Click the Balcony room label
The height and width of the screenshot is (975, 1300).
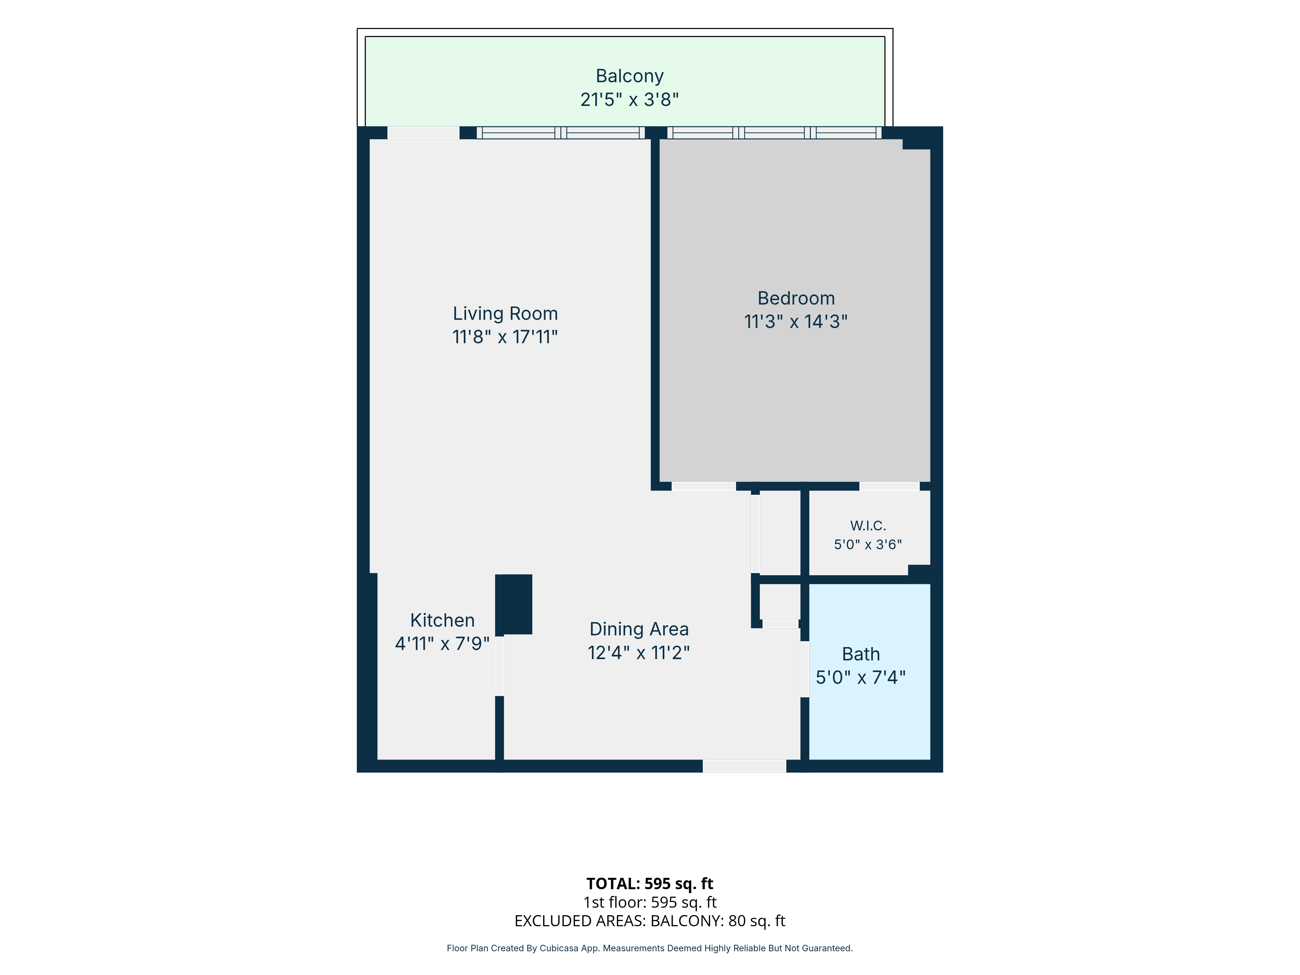point(630,76)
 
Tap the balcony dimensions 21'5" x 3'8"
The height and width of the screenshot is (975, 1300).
point(630,99)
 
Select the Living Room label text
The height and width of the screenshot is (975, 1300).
point(505,314)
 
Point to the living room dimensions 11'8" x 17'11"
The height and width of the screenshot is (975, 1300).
point(505,337)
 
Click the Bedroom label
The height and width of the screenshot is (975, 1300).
point(796,299)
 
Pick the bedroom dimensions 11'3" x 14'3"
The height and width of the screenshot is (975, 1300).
point(796,321)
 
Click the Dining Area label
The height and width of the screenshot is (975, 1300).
point(639,630)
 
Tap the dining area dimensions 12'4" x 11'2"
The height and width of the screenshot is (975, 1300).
point(639,652)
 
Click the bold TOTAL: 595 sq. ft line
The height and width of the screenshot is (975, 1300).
point(649,884)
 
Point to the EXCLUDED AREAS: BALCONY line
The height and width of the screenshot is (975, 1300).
point(649,921)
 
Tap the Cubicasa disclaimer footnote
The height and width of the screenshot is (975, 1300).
point(649,948)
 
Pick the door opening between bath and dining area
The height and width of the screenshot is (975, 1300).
point(805,669)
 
